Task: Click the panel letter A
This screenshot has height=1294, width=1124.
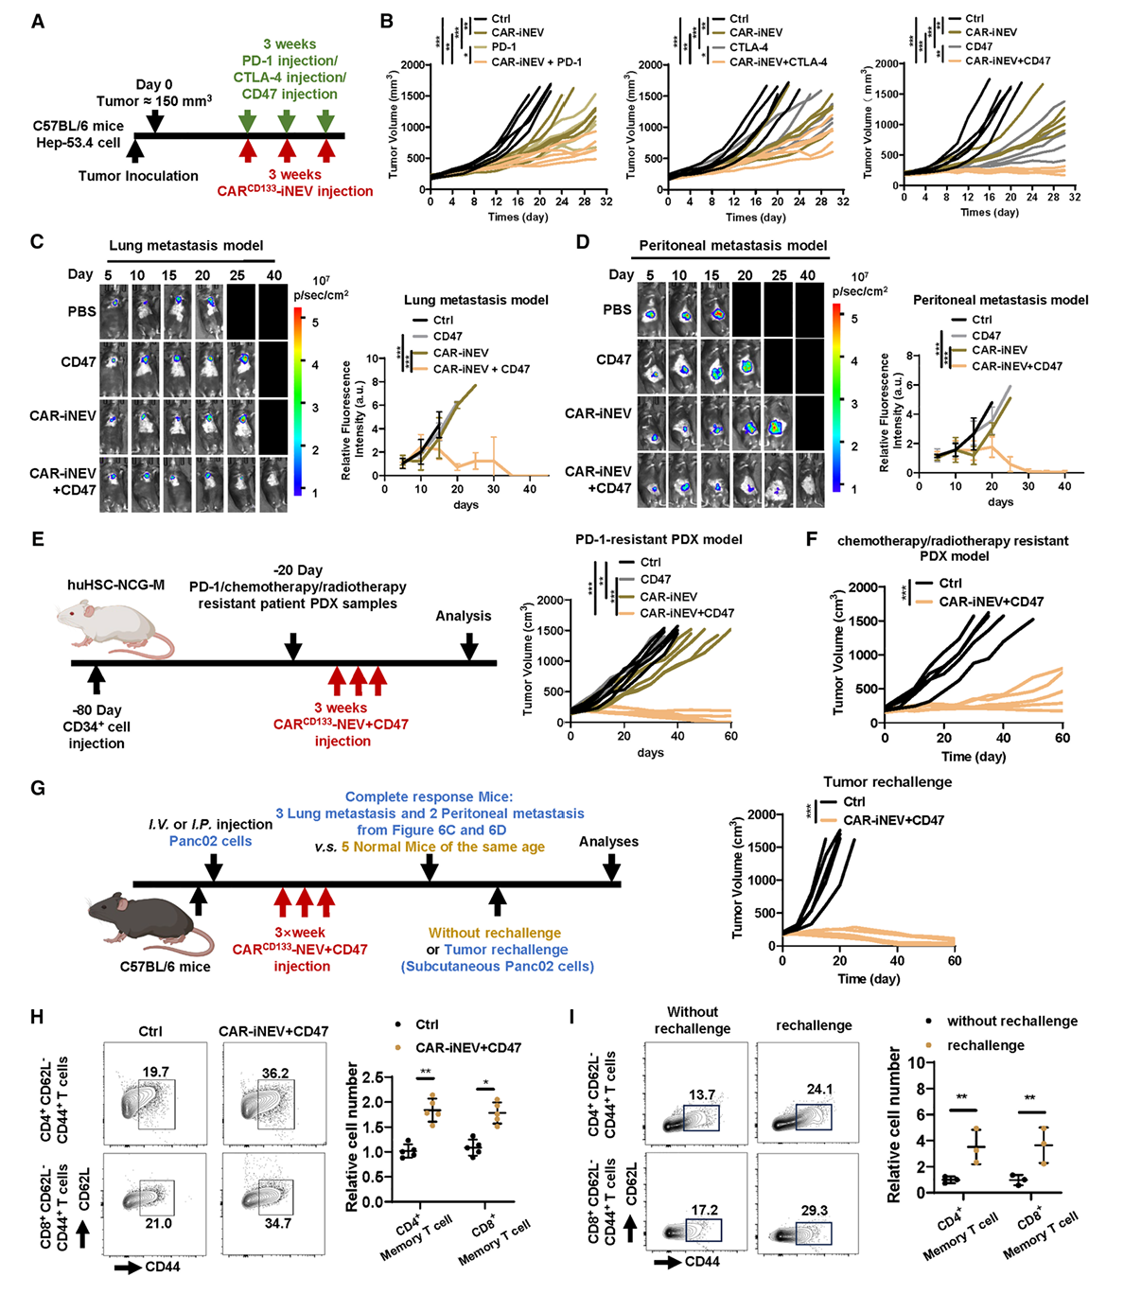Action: [x=38, y=21]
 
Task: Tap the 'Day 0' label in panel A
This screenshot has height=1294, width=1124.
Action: [x=154, y=85]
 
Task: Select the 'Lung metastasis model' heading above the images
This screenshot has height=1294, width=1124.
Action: [x=186, y=246]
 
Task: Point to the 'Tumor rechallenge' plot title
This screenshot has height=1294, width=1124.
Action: [x=887, y=782]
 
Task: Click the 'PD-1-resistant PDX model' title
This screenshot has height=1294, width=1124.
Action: [x=659, y=539]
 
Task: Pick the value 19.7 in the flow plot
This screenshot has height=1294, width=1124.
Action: [x=155, y=1072]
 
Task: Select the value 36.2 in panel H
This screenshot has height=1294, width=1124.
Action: [x=275, y=1073]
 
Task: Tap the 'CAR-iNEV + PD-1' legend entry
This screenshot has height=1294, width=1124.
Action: [x=536, y=61]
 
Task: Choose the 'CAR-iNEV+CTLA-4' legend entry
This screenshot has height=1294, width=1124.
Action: [x=778, y=61]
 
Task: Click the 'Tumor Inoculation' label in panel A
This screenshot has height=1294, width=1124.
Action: [x=138, y=176]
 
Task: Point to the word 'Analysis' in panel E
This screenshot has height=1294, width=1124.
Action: [x=464, y=616]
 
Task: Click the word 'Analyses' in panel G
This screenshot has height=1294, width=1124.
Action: [x=608, y=842]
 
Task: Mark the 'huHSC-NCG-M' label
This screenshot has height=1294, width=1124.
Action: [x=116, y=586]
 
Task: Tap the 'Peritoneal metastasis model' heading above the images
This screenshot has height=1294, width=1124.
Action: [x=733, y=245]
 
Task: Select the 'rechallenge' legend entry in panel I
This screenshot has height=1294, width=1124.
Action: [x=986, y=1045]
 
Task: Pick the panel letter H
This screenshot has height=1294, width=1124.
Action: [x=38, y=1017]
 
